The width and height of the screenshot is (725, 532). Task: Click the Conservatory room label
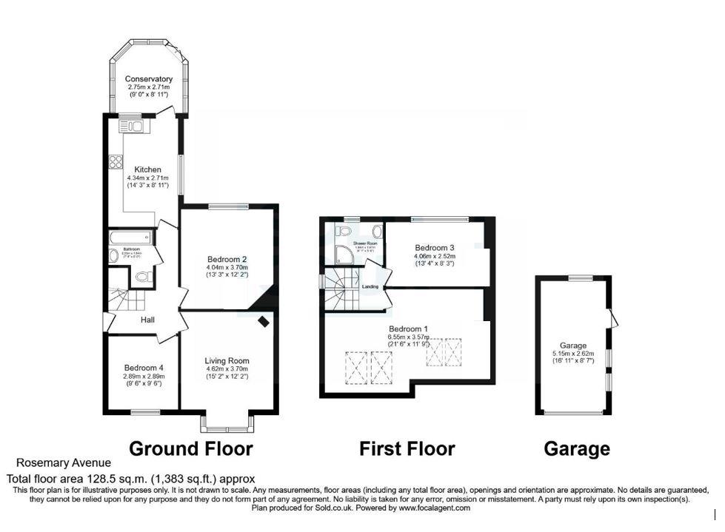click(x=148, y=79)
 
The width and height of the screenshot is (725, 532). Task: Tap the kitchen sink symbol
click(x=133, y=127)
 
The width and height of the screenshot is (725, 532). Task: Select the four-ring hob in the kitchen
click(x=116, y=161)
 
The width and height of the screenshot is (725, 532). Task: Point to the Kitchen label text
click(x=147, y=170)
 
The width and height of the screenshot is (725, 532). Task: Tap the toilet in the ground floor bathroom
click(x=144, y=277)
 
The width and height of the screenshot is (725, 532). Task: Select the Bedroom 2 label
click(x=227, y=259)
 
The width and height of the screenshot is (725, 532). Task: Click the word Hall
click(x=148, y=320)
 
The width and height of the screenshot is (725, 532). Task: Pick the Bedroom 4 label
click(x=144, y=368)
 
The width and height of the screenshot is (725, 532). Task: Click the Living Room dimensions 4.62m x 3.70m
click(x=227, y=368)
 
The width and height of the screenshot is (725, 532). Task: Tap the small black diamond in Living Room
click(x=264, y=321)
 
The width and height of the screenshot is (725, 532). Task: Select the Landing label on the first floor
click(x=370, y=286)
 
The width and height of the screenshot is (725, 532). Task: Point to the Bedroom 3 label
click(x=435, y=247)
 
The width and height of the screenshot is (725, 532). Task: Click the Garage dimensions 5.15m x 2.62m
click(x=573, y=354)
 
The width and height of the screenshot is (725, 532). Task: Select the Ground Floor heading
click(x=191, y=448)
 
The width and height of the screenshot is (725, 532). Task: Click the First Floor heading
click(x=407, y=448)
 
